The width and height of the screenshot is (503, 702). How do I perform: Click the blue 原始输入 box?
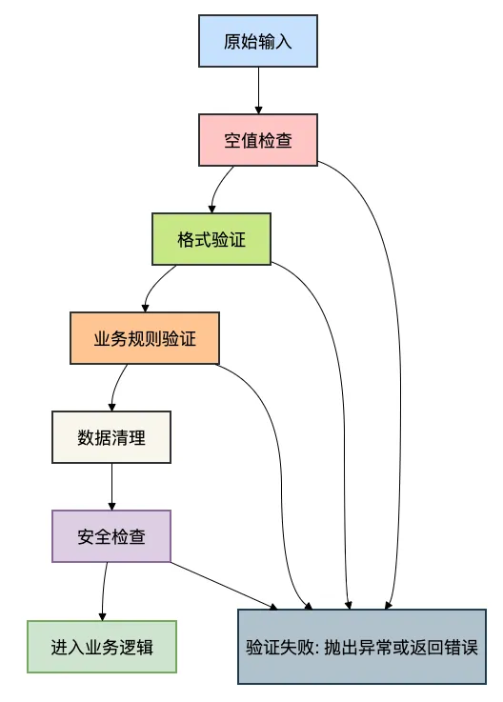pyautogui.click(x=257, y=41)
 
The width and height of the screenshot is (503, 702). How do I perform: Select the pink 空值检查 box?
pyautogui.click(x=257, y=140)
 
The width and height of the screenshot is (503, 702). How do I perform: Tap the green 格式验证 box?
pyautogui.click(x=211, y=239)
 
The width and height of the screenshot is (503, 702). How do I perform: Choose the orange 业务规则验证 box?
pyautogui.click(x=145, y=338)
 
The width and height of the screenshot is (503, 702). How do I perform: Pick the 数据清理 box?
pyautogui.click(x=111, y=437)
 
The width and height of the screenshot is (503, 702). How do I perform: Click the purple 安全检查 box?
pyautogui.click(x=111, y=536)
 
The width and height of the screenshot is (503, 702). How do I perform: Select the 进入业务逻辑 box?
pyautogui.click(x=102, y=647)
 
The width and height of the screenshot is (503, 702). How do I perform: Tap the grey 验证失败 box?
pyautogui.click(x=361, y=645)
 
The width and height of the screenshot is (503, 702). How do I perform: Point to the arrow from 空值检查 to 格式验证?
pyautogui.click(x=218, y=188)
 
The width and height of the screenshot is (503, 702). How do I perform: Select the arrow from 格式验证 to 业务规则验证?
pyautogui.click(x=152, y=287)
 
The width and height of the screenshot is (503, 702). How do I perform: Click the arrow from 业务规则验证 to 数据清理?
pyautogui.click(x=115, y=386)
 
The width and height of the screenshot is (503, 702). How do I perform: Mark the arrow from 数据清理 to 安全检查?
pyautogui.click(x=111, y=487)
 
